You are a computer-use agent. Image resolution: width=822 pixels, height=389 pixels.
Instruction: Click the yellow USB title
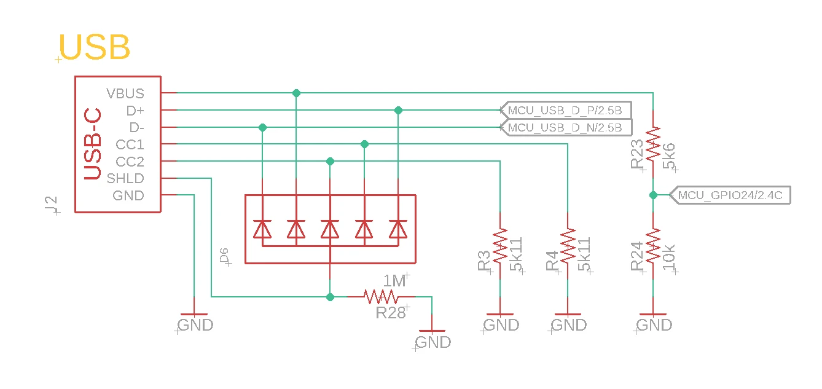pyautogui.click(x=95, y=47)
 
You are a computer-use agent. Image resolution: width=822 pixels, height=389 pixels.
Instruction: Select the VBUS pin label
pyautogui.click(x=125, y=93)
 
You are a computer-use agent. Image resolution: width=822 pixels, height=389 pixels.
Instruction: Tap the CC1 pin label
pyautogui.click(x=130, y=145)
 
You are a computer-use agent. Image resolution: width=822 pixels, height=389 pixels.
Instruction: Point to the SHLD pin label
pyautogui.click(x=125, y=179)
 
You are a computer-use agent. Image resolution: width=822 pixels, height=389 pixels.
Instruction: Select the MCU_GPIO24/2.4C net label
pyautogui.click(x=729, y=195)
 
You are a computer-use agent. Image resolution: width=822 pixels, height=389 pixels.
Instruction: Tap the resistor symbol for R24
pyautogui.click(x=653, y=246)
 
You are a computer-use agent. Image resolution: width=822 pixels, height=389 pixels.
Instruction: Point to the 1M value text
pyautogui.click(x=394, y=281)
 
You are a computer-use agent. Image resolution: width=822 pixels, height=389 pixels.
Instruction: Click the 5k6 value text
pyautogui.click(x=669, y=156)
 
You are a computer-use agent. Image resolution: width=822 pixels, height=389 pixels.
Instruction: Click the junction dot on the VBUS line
pyautogui.click(x=296, y=93)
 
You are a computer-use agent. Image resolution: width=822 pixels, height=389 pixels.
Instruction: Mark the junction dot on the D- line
pyautogui.click(x=263, y=127)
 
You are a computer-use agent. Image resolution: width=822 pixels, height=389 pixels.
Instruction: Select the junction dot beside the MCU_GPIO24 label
pyautogui.click(x=653, y=195)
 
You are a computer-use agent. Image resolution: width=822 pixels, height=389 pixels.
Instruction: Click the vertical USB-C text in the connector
pyautogui.click(x=92, y=145)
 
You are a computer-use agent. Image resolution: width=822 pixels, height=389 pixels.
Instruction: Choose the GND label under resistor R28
pyautogui.click(x=434, y=342)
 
